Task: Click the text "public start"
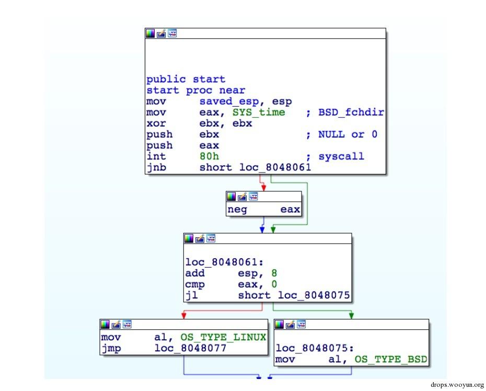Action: (186, 79)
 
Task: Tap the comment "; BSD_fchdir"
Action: (345, 112)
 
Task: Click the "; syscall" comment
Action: (335, 156)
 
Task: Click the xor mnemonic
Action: (156, 123)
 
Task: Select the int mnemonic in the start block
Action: (156, 156)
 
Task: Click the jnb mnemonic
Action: (156, 167)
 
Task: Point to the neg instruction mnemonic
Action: (237, 210)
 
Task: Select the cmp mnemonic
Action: (194, 284)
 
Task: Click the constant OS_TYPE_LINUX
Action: (223, 338)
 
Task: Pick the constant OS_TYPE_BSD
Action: (390, 360)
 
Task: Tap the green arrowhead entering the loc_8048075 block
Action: (351, 315)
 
